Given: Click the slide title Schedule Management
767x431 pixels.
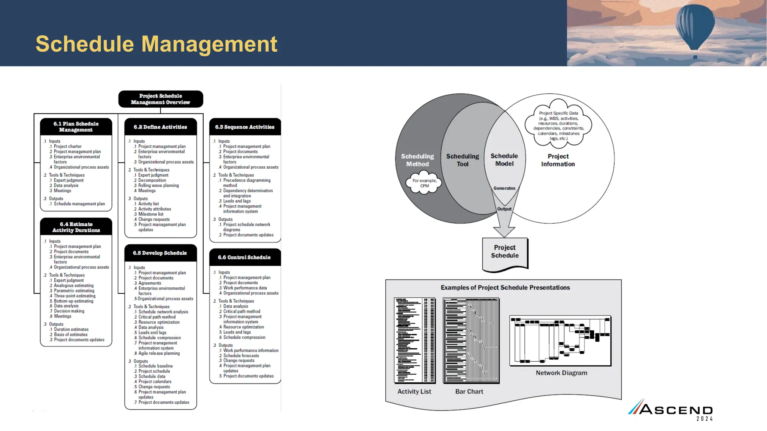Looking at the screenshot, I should [x=156, y=44].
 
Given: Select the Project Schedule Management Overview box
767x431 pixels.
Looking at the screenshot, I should [x=161, y=99].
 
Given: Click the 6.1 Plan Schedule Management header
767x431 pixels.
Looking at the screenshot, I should [x=76, y=127].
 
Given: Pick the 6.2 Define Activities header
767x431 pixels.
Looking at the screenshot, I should [x=160, y=127].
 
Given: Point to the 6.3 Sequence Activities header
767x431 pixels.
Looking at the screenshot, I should [x=245, y=127].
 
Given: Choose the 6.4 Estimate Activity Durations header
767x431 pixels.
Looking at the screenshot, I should [x=76, y=227].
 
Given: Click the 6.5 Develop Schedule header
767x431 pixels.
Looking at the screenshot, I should [x=160, y=253].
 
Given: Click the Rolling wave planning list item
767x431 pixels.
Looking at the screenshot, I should [x=158, y=186].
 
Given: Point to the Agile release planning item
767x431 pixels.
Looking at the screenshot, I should [x=159, y=353].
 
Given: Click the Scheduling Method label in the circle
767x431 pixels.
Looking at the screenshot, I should [x=418, y=160].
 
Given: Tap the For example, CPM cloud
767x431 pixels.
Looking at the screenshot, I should [x=424, y=183].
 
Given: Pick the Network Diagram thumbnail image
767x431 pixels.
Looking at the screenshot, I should [x=560, y=340].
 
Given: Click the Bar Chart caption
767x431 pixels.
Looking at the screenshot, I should [x=469, y=391].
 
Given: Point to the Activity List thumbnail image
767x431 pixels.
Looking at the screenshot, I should [x=415, y=340].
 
